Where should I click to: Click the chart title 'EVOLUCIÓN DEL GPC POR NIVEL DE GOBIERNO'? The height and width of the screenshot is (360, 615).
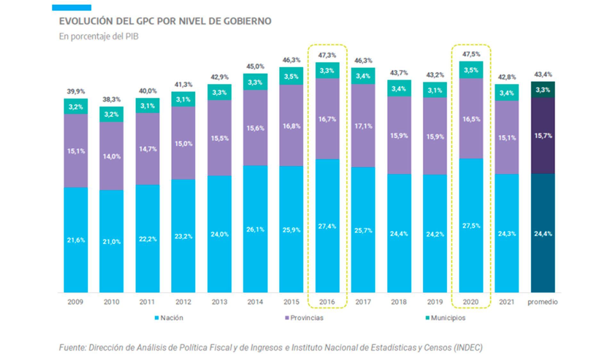[x=165, y=21]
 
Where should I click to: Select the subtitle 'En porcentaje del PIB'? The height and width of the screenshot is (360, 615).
[x=99, y=37]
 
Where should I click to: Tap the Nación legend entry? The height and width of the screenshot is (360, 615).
[x=169, y=318]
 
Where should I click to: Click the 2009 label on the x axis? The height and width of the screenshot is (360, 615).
[x=75, y=302]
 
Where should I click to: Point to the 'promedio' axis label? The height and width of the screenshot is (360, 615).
[x=543, y=302]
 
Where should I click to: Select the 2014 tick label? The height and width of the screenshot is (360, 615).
[x=255, y=302]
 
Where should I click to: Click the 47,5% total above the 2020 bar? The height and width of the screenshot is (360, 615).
[x=471, y=54]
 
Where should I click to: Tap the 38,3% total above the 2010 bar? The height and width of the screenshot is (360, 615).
[x=111, y=100]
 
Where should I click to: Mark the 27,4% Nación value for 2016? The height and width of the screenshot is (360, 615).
[x=327, y=226]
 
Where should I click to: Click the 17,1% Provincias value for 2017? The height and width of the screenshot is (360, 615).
[x=363, y=126]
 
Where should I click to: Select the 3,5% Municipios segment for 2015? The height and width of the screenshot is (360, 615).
[x=291, y=76]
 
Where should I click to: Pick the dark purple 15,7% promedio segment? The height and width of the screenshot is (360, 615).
[x=543, y=135]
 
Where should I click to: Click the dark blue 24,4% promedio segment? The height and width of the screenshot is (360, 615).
[x=543, y=233]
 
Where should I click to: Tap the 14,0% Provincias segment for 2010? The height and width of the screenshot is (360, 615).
[x=111, y=156]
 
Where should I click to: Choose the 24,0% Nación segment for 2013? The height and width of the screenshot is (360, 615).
[x=219, y=234]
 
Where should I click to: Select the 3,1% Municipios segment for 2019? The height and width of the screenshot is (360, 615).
[x=435, y=90]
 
